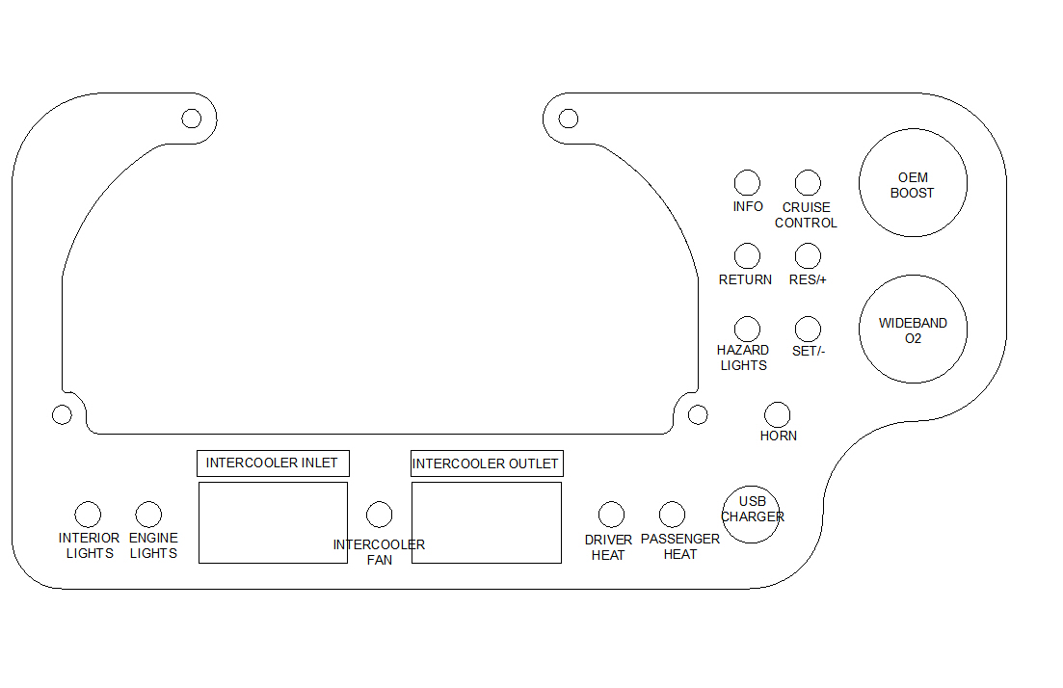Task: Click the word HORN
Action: (x=779, y=436)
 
